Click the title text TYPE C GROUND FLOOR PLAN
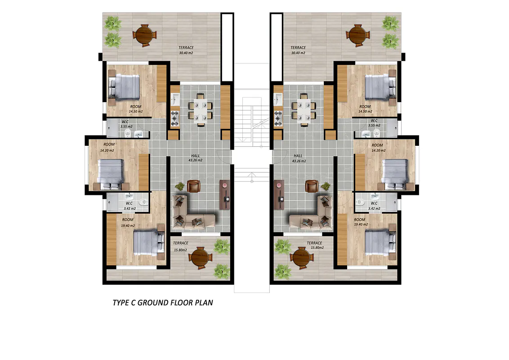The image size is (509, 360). pos(163,303)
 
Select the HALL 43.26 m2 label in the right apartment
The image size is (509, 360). pos(299,158)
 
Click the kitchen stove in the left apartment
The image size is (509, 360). pos(175,119)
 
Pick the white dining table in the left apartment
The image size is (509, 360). pos(200,109)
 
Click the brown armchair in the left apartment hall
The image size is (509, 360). pos(193,186)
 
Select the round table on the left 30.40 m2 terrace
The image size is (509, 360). pos(144,35)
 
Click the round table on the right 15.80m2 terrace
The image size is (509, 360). pos(302,258)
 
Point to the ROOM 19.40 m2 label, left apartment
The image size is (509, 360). pos(128,223)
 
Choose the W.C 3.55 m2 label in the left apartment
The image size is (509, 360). pos(126,124)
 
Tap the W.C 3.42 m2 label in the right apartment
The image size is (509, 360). pos(374,206)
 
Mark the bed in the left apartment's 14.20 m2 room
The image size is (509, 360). pos(111,175)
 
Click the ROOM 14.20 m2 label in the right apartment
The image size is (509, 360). pos(378,148)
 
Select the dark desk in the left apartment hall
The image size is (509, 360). pos(225,194)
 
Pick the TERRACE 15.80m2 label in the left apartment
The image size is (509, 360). pos(180,246)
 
